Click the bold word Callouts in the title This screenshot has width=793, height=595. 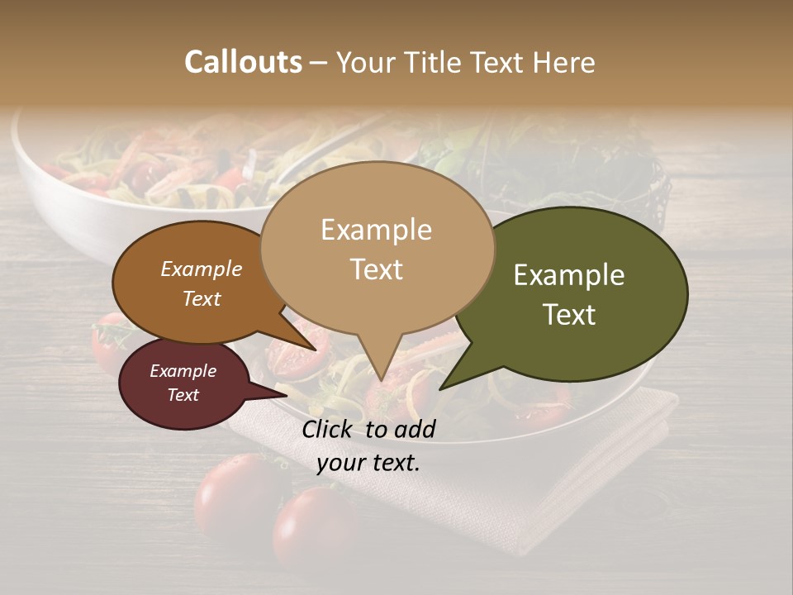click(x=243, y=62)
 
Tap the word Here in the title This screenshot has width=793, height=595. click(x=566, y=62)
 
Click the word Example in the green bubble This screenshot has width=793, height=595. click(x=569, y=275)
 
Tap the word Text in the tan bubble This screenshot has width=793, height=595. click(x=376, y=269)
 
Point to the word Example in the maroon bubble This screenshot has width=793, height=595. click(x=183, y=371)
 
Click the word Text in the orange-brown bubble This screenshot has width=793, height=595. click(x=201, y=298)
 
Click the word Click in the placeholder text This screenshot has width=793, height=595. click(x=329, y=429)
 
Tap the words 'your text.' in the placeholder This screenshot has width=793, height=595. click(x=368, y=463)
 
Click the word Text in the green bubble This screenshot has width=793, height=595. click(x=569, y=314)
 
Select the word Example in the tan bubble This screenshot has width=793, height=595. click(x=376, y=229)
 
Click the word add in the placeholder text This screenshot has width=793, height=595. click(x=415, y=429)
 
